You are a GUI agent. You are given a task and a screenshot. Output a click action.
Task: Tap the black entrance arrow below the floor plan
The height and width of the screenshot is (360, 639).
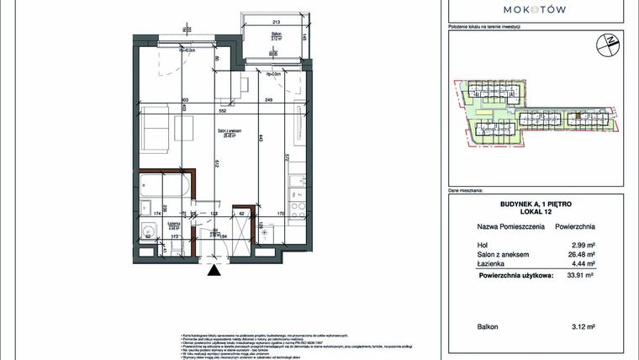coord(216,270)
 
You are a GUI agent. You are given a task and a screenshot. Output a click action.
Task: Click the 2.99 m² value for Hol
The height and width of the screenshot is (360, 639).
coord(582,245)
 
